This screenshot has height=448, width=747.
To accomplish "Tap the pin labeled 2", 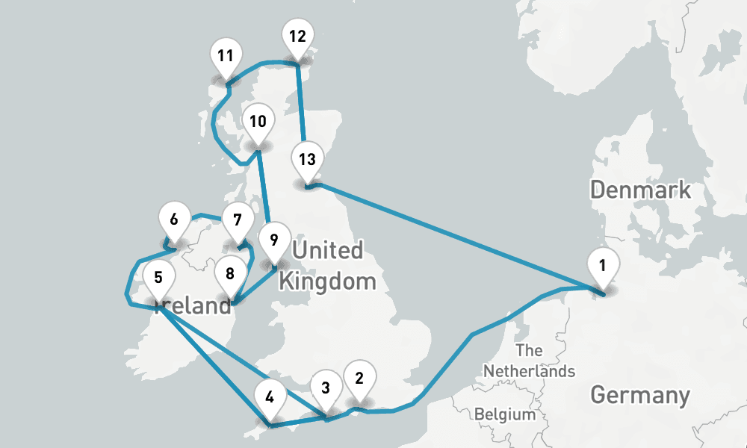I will click(359, 379).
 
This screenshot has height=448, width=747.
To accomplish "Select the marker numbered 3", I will click(326, 388).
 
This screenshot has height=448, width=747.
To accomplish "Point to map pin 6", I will click(174, 220).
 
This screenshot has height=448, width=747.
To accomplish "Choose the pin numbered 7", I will click(238, 221).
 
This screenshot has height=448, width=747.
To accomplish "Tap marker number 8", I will click(230, 274).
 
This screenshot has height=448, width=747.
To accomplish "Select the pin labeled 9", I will click(274, 240).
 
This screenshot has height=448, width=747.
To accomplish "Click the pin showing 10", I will click(258, 122).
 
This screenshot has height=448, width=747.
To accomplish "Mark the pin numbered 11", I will click(226, 56).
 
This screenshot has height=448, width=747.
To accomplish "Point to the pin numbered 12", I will click(297, 37).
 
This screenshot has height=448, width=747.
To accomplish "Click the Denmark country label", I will click(640, 190).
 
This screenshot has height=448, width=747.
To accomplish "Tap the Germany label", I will click(639, 395).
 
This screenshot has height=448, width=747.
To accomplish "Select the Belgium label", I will click(505, 414).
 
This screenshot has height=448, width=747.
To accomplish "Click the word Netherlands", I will click(529, 370).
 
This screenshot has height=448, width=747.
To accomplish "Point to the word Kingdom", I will click(326, 281).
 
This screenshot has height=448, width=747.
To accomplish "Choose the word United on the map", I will click(327, 250).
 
